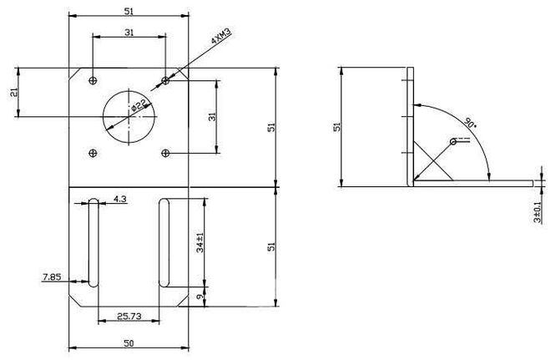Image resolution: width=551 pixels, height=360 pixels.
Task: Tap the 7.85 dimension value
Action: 52,276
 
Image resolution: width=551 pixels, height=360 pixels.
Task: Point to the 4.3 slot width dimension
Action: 119,199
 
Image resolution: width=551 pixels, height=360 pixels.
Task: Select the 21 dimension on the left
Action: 14,93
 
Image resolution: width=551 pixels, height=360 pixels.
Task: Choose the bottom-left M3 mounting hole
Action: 93,152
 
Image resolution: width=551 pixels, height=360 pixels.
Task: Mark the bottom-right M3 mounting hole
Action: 165,152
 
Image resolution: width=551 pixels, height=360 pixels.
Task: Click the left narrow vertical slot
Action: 93,242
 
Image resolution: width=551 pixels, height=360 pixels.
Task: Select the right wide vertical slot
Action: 165,242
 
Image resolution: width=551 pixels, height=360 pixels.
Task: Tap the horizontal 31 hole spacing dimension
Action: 129,33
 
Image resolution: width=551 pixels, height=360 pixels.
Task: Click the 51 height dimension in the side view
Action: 336,126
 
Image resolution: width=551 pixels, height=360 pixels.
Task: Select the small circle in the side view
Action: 453,142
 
